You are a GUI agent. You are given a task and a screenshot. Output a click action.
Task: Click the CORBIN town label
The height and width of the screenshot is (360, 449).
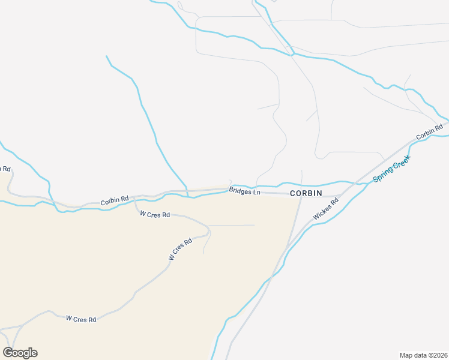306,193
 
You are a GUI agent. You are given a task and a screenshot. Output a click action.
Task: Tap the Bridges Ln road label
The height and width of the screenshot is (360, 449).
245,191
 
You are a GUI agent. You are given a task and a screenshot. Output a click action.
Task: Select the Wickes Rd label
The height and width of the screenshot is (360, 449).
326,208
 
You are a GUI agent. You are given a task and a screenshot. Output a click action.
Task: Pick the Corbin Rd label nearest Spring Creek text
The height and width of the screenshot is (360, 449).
429,131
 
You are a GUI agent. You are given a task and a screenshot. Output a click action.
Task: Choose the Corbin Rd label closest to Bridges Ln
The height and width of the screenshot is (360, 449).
115,200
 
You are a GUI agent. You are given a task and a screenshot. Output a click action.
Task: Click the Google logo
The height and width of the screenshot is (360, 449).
20,353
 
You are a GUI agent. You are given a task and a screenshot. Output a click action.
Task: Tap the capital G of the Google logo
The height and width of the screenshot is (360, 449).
8,353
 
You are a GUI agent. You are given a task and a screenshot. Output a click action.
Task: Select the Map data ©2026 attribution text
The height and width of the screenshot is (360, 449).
423,355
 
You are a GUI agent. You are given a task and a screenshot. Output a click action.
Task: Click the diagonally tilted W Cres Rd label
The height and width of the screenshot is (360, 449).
180,249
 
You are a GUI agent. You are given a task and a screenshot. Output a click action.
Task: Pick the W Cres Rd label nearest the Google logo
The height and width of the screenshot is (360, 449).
81,319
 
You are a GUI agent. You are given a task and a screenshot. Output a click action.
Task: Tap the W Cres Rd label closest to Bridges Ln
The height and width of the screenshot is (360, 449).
155,214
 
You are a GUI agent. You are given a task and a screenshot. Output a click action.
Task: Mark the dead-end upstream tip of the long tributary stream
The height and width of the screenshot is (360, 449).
106,56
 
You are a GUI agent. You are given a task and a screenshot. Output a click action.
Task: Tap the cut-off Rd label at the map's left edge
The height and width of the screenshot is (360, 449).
5,169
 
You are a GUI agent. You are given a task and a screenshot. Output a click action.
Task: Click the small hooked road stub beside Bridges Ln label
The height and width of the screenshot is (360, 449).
231,182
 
